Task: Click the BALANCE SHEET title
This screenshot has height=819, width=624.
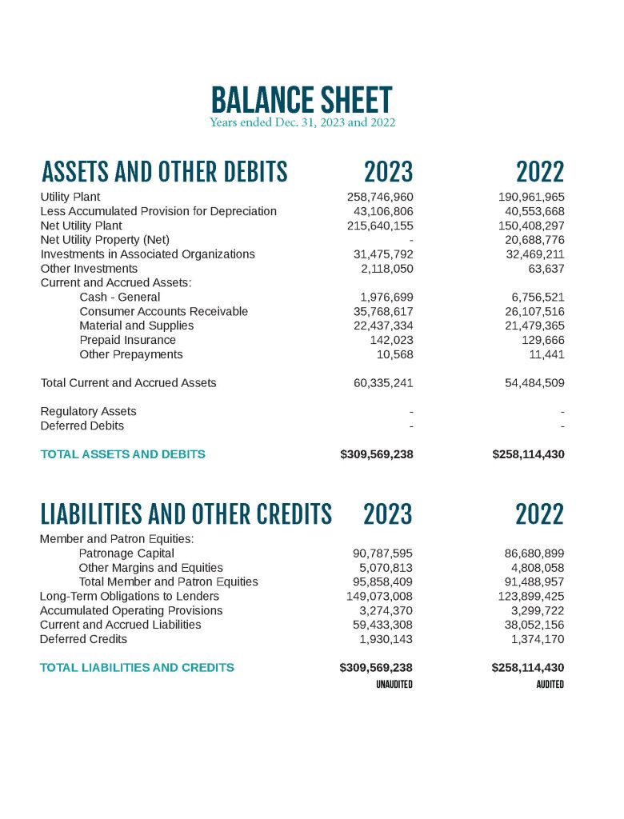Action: (x=302, y=100)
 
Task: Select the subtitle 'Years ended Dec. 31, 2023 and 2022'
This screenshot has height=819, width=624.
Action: (x=302, y=123)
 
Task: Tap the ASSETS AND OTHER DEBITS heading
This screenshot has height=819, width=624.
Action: (x=164, y=172)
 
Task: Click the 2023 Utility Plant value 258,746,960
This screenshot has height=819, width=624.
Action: (x=380, y=197)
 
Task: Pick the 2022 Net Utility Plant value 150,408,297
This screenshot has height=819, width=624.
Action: (x=531, y=226)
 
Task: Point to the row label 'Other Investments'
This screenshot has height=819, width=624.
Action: (x=89, y=269)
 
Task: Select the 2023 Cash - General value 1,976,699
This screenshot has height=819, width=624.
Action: (x=386, y=298)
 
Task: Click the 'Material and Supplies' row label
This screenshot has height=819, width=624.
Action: (x=136, y=326)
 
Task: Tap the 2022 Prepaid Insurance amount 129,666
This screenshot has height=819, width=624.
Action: (x=542, y=340)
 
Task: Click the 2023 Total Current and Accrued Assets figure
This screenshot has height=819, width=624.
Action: (x=383, y=383)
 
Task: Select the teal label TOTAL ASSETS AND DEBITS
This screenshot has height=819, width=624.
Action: (x=122, y=454)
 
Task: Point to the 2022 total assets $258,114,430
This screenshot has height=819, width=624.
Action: (x=528, y=454)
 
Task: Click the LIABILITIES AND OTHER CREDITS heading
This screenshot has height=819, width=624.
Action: (x=186, y=513)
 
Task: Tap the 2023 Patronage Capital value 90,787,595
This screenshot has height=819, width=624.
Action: (x=383, y=553)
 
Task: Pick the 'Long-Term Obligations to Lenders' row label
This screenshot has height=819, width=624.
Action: (x=130, y=596)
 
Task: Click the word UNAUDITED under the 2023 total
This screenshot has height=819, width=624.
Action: (x=394, y=685)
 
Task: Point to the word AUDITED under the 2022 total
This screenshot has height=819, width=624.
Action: (x=550, y=685)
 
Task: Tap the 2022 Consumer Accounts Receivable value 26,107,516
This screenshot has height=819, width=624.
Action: (x=531, y=311)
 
